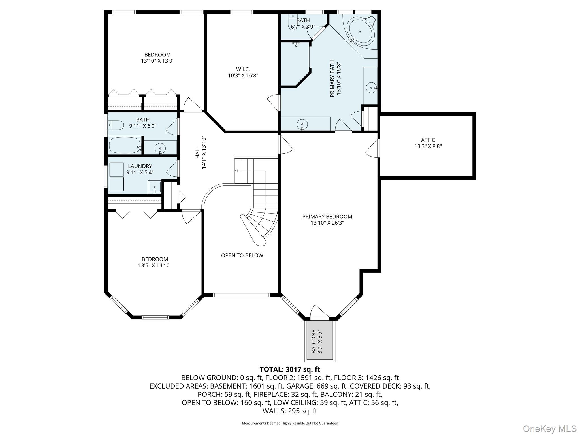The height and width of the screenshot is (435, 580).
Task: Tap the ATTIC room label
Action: click(x=428, y=140)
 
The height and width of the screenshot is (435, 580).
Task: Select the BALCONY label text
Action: click(x=314, y=341)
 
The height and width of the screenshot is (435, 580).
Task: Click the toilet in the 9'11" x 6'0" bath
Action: click(x=116, y=125)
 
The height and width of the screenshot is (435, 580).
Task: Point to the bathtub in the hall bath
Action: click(x=125, y=145)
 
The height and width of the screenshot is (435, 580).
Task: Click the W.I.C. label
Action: click(x=243, y=69)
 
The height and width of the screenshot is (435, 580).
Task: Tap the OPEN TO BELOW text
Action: click(x=242, y=255)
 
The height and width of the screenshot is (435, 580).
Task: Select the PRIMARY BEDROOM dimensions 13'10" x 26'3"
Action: click(x=327, y=223)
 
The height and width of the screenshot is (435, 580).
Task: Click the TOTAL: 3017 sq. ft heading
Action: click(x=290, y=369)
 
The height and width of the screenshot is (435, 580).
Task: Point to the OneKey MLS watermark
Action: click(x=549, y=428)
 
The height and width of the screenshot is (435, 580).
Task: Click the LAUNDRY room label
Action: click(x=140, y=166)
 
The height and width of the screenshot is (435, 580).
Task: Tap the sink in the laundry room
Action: click(x=154, y=187)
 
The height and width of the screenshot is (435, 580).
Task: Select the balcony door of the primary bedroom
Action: click(x=319, y=312)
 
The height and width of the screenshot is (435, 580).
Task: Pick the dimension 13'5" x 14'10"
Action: click(x=155, y=265)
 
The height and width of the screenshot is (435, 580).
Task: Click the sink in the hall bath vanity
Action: click(x=160, y=148)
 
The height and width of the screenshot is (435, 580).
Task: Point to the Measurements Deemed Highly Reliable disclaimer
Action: click(x=290, y=423)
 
